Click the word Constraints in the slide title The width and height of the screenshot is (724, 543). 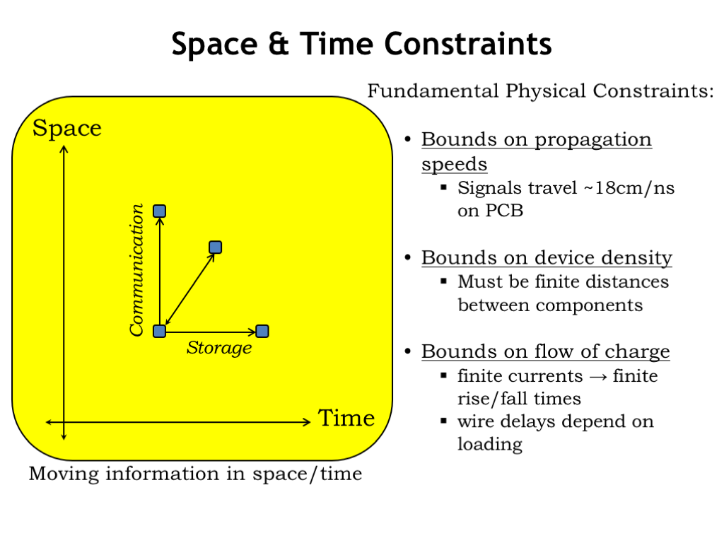[x=468, y=45]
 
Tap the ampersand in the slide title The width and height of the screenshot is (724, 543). [x=279, y=45]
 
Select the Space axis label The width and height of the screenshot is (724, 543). [x=67, y=129]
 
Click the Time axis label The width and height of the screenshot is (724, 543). [x=346, y=418]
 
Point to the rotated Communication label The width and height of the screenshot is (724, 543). [x=136, y=269]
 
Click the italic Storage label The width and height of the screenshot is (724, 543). [x=219, y=348]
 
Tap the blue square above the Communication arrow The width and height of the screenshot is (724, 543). [x=159, y=211]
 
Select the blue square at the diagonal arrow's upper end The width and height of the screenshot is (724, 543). [x=215, y=247]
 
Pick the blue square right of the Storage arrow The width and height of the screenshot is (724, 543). [x=262, y=331]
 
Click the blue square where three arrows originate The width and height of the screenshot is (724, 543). [x=159, y=331]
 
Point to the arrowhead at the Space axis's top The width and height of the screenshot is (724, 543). [x=64, y=148]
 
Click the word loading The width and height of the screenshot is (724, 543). [x=490, y=444]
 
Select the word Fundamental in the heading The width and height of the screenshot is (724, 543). [x=433, y=90]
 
